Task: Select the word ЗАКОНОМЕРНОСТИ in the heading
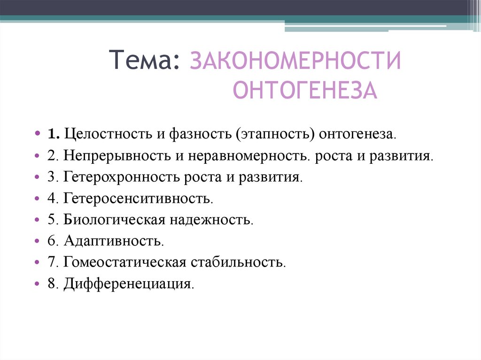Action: [295, 61]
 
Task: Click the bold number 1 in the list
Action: [52, 134]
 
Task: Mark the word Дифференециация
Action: [129, 283]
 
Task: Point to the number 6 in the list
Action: [51, 241]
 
